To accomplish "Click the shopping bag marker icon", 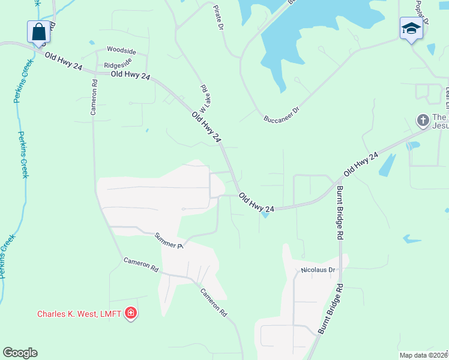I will coord(38,32).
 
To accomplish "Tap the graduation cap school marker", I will coord(411,29).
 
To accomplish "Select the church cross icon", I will coord(423,120).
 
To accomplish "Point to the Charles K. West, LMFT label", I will coord(79,313).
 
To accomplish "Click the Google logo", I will coord(20,353).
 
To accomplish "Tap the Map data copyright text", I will coord(423,355).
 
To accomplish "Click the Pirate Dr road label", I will coord(218,17).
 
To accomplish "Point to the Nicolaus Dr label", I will coord(316,270).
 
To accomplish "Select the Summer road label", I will coord(168,241).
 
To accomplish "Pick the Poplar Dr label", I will coord(422,12).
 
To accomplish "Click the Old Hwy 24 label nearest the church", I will coord(361,164).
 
